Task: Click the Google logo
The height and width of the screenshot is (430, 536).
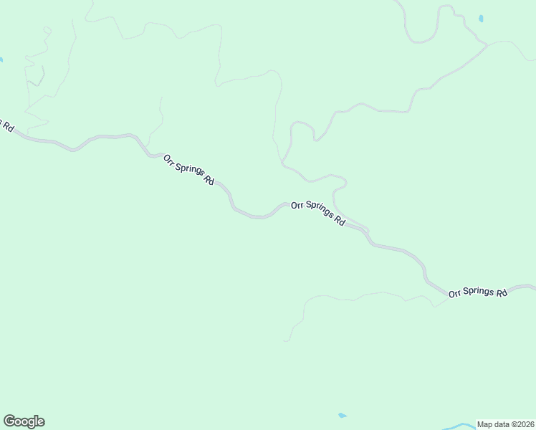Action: [x=24, y=421]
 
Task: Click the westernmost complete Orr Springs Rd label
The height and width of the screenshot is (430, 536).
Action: [x=188, y=170]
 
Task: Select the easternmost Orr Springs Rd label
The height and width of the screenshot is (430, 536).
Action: [x=478, y=292]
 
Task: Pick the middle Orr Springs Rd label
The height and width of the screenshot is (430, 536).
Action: [x=318, y=214]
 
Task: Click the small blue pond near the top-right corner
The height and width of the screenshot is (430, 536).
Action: [x=481, y=18]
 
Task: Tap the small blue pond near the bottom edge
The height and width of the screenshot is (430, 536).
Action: [x=342, y=415]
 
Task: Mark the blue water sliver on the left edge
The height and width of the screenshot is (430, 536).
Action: [x=1, y=59]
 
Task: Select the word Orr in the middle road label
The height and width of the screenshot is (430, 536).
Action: [x=297, y=205]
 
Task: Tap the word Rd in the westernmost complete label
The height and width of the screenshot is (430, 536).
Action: [x=209, y=181]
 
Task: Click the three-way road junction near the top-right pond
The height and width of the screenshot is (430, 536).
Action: [x=488, y=45]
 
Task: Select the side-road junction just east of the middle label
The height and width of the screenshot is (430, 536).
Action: [x=367, y=231]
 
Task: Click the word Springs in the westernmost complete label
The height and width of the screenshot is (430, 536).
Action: [x=191, y=171]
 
